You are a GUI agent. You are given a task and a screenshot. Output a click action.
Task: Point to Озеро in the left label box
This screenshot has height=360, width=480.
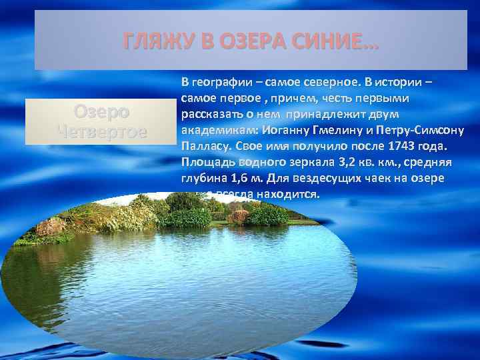[102, 111]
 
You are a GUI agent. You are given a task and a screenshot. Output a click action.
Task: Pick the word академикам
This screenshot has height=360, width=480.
[212, 130]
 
